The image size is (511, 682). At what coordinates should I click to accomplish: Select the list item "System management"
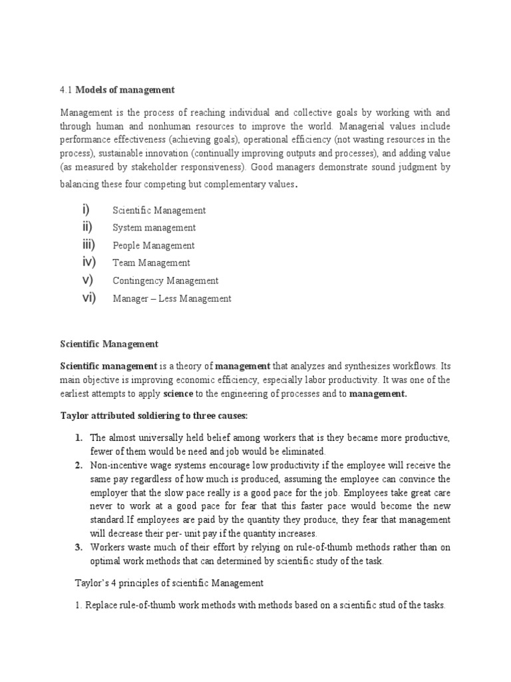(153, 228)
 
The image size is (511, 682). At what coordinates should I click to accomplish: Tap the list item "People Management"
(154, 246)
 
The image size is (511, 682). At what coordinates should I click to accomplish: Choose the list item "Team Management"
(151, 263)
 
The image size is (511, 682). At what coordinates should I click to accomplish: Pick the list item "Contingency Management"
(165, 281)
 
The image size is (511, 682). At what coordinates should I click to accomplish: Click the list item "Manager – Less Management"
(172, 298)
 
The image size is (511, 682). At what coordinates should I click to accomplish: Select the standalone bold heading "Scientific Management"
(109, 344)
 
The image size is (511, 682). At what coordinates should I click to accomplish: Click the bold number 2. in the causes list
(79, 464)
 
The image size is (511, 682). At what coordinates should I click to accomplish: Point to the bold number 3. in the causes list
(79, 547)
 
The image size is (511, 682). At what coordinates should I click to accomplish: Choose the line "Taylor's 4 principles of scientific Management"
(169, 583)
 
